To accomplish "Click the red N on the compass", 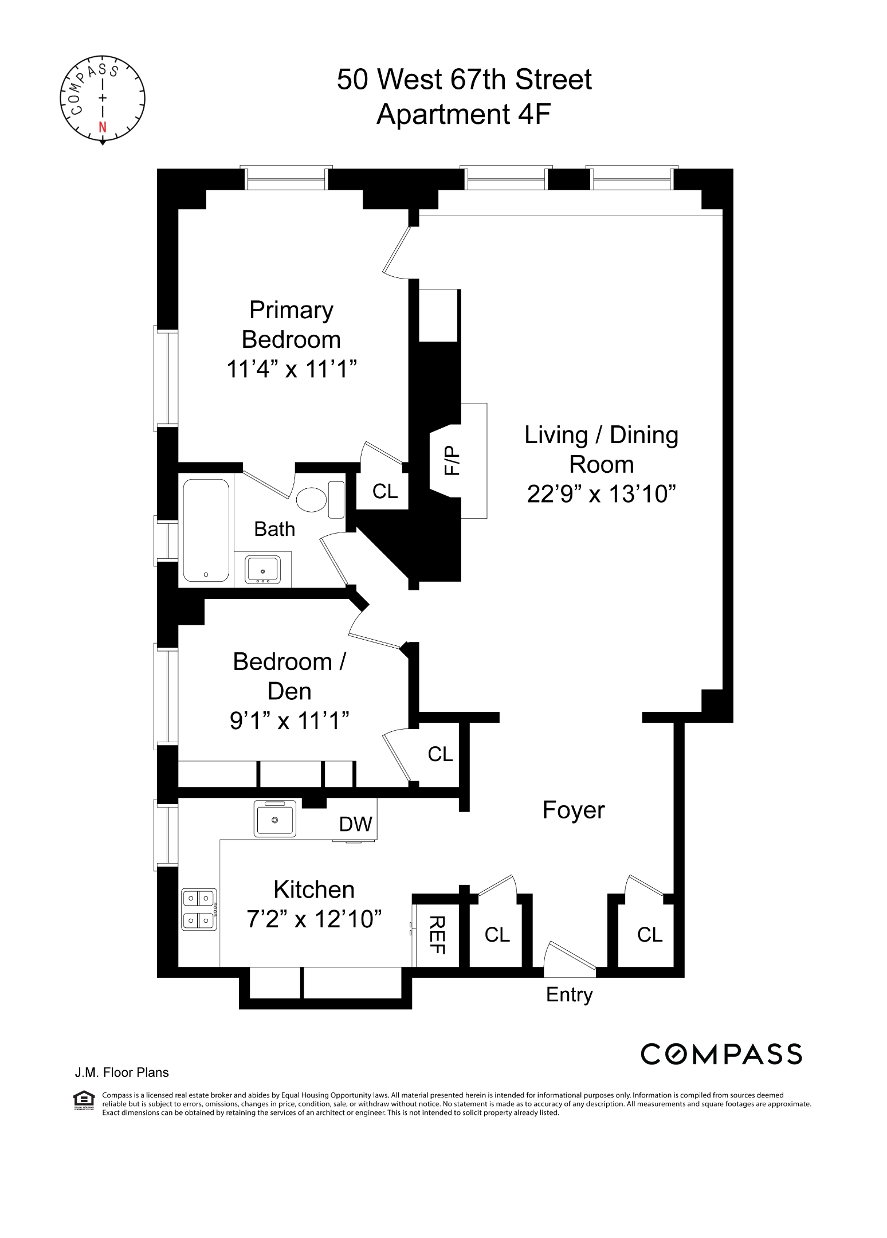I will pos(103,127).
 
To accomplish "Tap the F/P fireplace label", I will pos(452,460).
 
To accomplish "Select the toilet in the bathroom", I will pos(311,499).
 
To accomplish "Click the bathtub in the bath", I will pos(206,530).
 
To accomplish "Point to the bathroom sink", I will pos(262,569).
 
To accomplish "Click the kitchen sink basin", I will pos(275,818).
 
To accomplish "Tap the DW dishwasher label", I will pos(355,824).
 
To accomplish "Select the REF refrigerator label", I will pos(437,935).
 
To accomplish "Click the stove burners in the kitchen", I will pos(199,909).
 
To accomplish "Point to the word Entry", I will pos(569,994).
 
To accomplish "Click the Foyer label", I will pos(573,810).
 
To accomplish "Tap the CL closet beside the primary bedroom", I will pos(384,491).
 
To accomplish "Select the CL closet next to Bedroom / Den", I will pos(440,754).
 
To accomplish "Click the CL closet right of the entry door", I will pos(649,935).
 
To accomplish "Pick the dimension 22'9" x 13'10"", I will pos(601,493).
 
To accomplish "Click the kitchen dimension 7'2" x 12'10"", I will pos(314,919).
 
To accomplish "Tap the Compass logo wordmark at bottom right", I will pos(721,1054).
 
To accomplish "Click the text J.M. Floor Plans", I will pos(121,1072).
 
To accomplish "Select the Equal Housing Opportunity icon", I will pos(84,1099).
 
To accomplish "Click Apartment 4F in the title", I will pos(463,114).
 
